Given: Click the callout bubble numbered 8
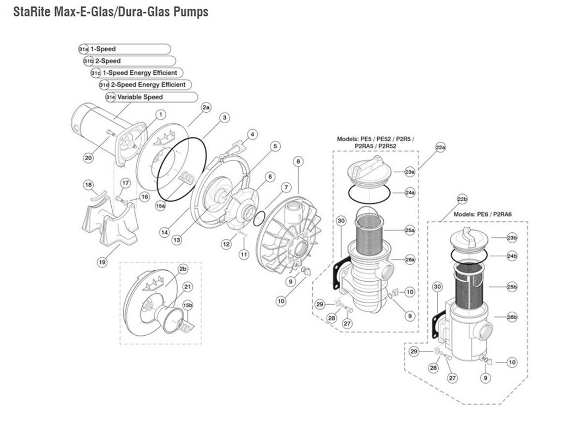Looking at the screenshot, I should [x=298, y=161].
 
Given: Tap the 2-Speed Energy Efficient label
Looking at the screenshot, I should [x=148, y=84].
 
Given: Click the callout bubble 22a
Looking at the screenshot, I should [x=440, y=148].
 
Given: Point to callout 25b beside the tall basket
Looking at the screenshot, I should [x=511, y=287].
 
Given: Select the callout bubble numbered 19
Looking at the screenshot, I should [x=102, y=262].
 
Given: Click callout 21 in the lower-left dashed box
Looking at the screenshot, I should [x=187, y=287].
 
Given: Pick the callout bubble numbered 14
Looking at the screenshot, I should [x=164, y=232].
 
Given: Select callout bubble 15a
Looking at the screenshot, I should [x=160, y=206].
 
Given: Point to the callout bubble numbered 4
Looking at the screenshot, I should [x=252, y=134].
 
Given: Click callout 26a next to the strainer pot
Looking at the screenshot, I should [x=410, y=259].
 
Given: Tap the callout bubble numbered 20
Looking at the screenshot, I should [x=88, y=158].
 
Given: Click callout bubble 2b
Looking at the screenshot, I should [x=183, y=269].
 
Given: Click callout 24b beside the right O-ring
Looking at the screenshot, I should [x=512, y=256].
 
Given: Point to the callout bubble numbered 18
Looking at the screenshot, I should [x=88, y=185].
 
